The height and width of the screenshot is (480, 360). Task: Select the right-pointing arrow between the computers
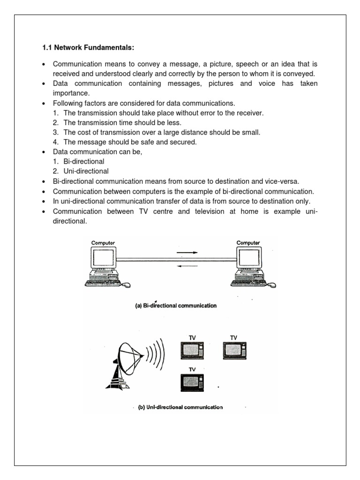pos(187,253)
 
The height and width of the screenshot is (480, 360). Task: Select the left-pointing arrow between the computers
pos(187,266)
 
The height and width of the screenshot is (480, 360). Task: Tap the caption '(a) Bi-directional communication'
pos(176,306)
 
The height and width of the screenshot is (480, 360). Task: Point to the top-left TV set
pos(192,350)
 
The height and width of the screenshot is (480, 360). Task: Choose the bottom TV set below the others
pos(192,382)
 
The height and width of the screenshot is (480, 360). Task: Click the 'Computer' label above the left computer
pos(103,242)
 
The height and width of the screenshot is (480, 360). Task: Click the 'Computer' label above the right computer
pos(248,242)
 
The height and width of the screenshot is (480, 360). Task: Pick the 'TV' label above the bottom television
pos(192,369)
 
